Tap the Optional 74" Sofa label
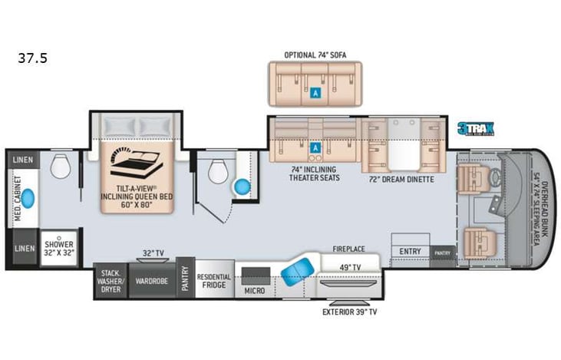pos(315,55)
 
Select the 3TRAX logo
pos(475,130)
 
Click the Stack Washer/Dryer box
pos(111,280)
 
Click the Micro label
pos(255,291)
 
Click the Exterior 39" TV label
pos(348,312)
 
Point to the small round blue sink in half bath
pos(243,187)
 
